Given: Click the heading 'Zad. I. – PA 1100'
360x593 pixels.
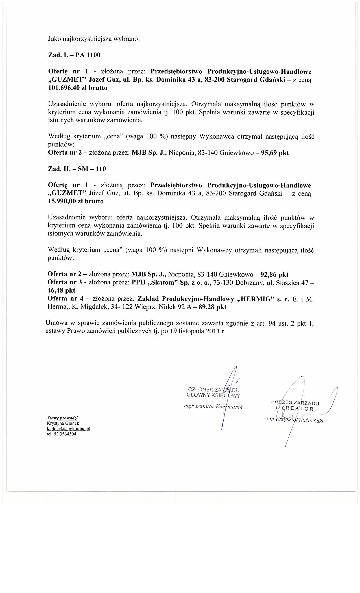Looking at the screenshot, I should point(74,55).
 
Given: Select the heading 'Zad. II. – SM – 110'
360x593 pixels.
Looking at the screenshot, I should point(77,169).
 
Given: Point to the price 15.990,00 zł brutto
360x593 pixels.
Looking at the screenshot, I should point(76,201).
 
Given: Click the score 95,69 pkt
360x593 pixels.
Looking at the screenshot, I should point(275,153).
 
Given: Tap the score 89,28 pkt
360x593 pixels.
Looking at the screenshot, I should point(212,307).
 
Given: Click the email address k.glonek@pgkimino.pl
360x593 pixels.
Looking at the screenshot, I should point(68,429).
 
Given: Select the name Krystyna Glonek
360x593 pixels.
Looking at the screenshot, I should point(63,423).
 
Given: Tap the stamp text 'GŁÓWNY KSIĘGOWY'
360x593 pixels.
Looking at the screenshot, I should point(213,395).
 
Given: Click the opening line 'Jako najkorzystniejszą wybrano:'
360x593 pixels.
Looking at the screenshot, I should point(94,39).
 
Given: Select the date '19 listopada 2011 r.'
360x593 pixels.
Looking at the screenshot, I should point(198,332).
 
